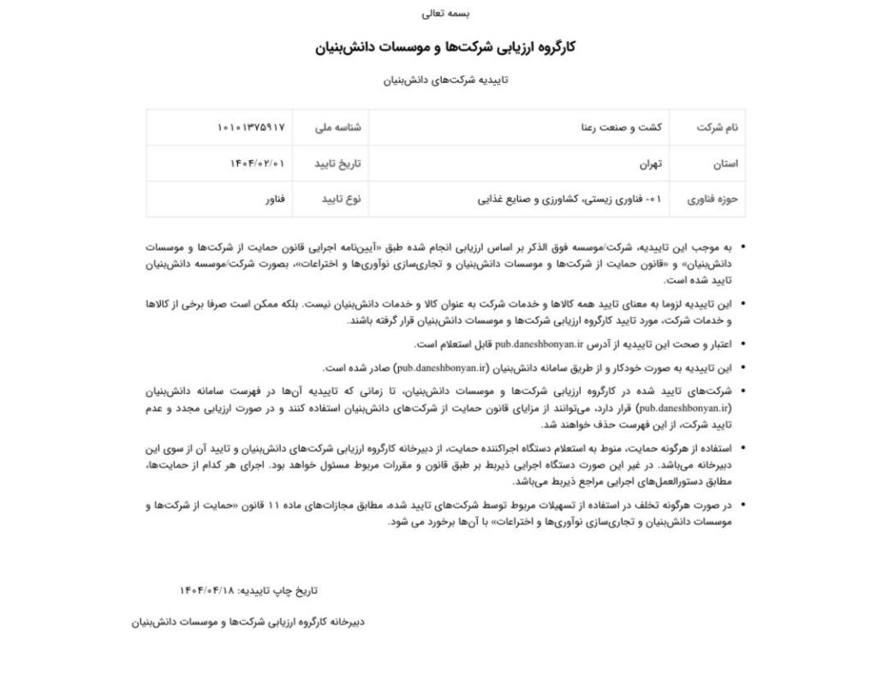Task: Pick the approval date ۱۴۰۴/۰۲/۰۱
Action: (x=258, y=163)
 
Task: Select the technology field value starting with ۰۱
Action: (x=570, y=199)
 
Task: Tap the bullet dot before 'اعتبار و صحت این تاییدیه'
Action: (x=742, y=344)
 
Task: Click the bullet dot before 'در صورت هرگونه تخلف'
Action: (x=742, y=506)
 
